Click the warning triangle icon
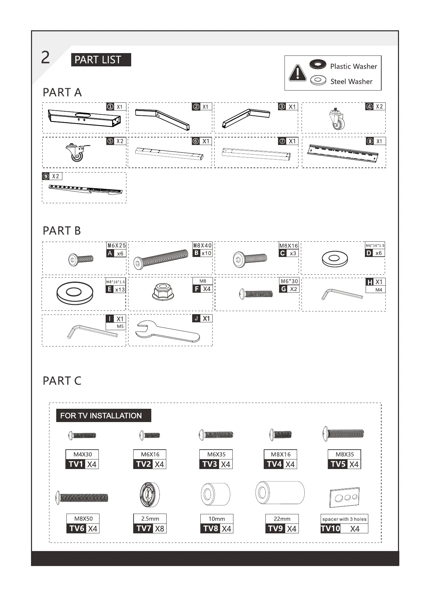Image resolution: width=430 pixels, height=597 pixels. point(297,73)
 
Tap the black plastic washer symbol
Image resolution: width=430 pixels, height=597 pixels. point(318,64)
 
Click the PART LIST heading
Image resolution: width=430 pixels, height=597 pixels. point(101,60)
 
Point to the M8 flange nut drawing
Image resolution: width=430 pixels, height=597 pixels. point(163,292)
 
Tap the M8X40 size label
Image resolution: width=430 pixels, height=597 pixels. point(202,245)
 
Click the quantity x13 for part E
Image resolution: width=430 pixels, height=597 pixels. point(120,290)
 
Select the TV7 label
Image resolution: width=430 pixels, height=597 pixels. point(143,528)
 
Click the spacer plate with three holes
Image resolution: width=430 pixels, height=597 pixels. point(344,497)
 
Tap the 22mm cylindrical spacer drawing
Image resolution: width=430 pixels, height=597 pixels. point(280,493)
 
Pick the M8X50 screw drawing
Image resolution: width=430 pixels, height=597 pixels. point(82,498)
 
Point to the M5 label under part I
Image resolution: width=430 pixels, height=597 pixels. point(120,326)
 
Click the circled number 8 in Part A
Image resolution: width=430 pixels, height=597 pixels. point(370,141)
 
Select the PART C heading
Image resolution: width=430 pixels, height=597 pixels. point(62,381)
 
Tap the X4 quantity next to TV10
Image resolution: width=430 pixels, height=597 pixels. point(355,529)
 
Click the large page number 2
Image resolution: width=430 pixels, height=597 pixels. point(45,58)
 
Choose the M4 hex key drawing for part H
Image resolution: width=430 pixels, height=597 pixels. point(342,294)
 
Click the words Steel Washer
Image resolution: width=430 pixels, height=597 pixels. point(351,82)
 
